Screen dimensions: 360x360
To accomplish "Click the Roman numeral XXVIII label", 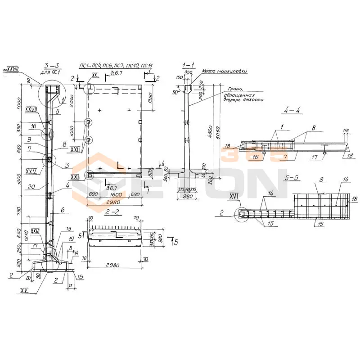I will tap(12, 69).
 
